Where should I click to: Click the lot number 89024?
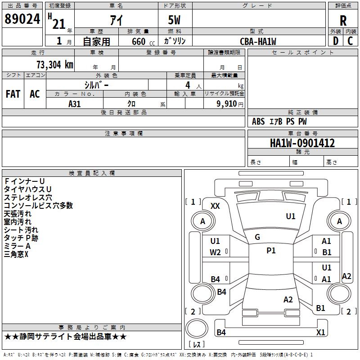(22, 19)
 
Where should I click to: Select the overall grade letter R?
(343, 21)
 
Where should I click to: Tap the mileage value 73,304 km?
(55, 65)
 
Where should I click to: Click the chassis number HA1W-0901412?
(302, 143)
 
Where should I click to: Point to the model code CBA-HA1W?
(258, 41)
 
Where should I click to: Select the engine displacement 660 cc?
(143, 42)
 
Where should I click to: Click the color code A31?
(74, 104)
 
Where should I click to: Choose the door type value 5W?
(174, 20)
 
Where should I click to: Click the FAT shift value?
(13, 94)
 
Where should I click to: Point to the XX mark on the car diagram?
(215, 206)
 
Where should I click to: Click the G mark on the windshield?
(257, 237)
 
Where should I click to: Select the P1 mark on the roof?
(271, 251)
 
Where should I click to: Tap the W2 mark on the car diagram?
(215, 252)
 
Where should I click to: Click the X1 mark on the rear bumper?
(320, 332)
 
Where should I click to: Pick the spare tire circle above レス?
(197, 328)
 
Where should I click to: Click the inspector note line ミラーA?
(17, 246)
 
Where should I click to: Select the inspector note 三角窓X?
(16, 254)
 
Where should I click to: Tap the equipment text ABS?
(258, 121)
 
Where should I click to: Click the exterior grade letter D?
(336, 41)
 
